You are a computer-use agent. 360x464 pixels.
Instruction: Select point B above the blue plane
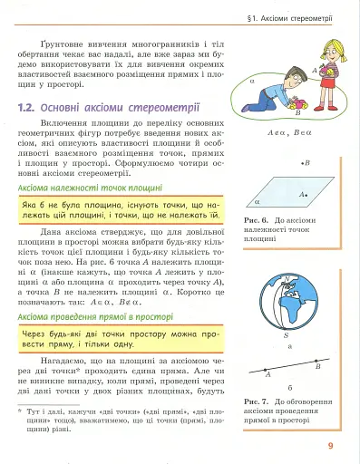(x=306, y=163)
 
